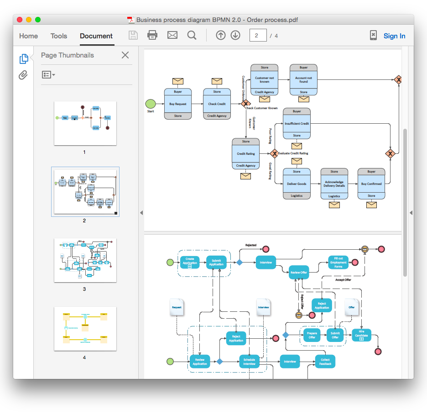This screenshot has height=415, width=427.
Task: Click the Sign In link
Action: (x=394, y=36)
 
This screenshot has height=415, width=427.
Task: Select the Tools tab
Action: (x=58, y=36)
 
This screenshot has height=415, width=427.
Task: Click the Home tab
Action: (x=28, y=36)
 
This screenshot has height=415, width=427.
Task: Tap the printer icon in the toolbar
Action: (x=152, y=35)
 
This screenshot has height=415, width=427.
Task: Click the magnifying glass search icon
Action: (x=192, y=35)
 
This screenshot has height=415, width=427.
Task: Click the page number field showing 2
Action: (x=258, y=36)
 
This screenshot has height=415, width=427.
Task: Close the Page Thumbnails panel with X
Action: (x=125, y=55)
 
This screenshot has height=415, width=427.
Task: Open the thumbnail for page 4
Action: (x=85, y=328)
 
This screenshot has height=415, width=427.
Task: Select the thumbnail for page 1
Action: (x=85, y=123)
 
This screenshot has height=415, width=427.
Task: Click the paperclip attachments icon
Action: (x=23, y=75)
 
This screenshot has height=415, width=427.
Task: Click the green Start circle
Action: (x=150, y=104)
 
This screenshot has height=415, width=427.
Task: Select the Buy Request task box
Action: (x=178, y=104)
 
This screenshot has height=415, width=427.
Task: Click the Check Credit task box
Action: (x=217, y=104)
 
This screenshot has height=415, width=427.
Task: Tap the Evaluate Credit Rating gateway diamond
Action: (x=274, y=153)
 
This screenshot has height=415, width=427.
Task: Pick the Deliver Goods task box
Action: (x=297, y=184)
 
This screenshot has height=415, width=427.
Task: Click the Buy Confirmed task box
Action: (x=371, y=184)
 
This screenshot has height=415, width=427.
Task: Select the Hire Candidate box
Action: (x=361, y=335)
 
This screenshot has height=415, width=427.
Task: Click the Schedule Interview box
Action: (x=249, y=361)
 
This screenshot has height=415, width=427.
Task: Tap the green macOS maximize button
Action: (x=38, y=20)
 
